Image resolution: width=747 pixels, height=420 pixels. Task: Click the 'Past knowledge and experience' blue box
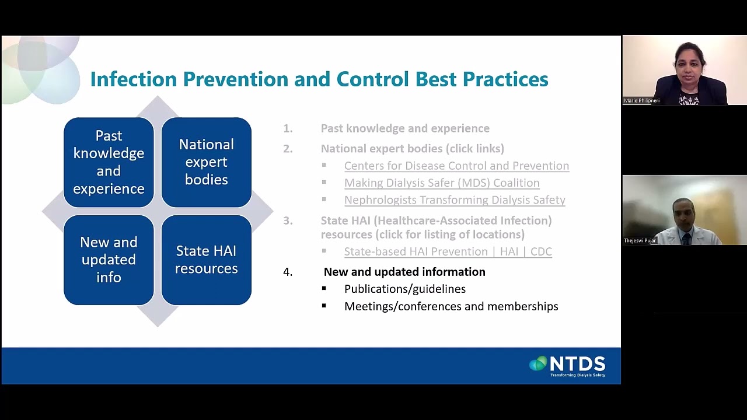click(x=109, y=162)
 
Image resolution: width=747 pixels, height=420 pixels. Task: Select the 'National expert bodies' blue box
click(x=206, y=162)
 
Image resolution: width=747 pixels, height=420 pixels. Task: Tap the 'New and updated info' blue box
click(x=109, y=260)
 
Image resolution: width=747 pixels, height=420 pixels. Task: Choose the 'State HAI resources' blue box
click(x=206, y=260)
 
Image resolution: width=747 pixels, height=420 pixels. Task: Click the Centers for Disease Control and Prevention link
click(x=456, y=166)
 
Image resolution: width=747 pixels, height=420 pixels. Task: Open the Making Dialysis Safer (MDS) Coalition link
click(x=442, y=183)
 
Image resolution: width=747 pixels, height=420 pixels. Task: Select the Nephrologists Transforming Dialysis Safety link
click(x=455, y=199)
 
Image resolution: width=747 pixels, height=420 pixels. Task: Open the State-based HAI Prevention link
click(x=448, y=251)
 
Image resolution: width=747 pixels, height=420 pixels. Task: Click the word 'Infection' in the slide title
click(x=133, y=79)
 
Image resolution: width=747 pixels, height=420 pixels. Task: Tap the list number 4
click(x=288, y=272)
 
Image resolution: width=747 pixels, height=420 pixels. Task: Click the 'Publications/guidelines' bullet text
click(x=405, y=289)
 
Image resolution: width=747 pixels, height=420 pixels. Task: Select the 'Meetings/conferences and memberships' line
click(x=451, y=306)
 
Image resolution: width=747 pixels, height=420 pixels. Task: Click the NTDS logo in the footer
click(x=568, y=365)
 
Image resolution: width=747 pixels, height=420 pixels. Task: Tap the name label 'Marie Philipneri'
click(x=641, y=101)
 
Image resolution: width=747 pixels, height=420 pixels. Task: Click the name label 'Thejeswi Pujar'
click(x=640, y=240)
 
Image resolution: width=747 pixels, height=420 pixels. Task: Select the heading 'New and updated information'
click(x=404, y=272)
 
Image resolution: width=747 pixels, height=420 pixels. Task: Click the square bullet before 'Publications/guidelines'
click(x=324, y=289)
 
